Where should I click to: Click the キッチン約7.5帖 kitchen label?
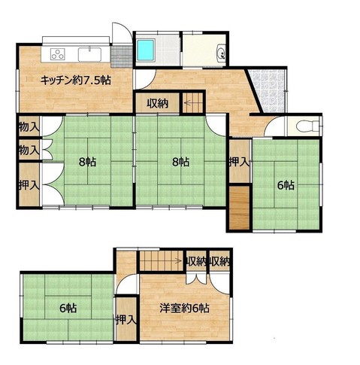75,81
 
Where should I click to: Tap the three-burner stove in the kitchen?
58,54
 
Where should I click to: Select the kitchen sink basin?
89,54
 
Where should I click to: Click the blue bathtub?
146,51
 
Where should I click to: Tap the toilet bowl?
307,126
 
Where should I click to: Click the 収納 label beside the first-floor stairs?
158,103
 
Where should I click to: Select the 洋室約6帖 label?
184,308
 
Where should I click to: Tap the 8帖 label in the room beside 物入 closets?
87,163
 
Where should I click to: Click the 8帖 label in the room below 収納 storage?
180,163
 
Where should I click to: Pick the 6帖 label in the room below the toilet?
286,185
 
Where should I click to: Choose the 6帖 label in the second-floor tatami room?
68,308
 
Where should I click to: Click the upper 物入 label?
29,128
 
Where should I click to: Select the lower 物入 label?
29,151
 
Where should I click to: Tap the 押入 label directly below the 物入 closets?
29,185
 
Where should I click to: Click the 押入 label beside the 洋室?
126,320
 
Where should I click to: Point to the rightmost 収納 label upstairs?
219,262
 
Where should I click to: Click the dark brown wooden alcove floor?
240,208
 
